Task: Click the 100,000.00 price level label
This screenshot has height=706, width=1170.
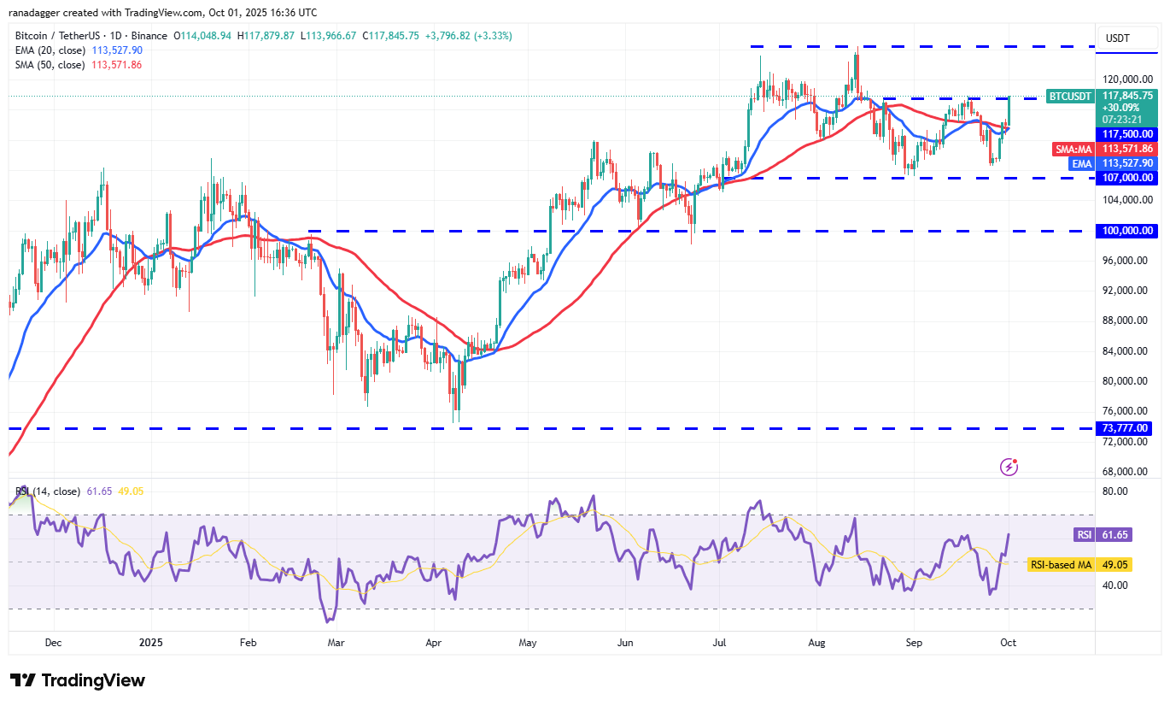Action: (1129, 231)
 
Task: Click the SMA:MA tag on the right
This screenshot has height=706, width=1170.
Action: (1073, 149)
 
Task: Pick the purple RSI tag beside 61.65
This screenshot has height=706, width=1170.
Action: (1082, 535)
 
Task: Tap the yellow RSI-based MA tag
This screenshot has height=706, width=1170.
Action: (1060, 565)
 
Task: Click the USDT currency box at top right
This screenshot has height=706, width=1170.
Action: (1118, 38)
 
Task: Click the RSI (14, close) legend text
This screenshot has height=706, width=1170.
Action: (48, 491)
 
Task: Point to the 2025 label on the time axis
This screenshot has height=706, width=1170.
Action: (150, 642)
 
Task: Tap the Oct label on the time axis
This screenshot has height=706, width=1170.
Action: (1009, 642)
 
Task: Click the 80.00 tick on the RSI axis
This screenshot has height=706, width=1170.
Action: (1115, 491)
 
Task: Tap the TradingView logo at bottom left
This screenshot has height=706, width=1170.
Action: (78, 680)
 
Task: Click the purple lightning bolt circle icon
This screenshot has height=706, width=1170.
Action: (1009, 467)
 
